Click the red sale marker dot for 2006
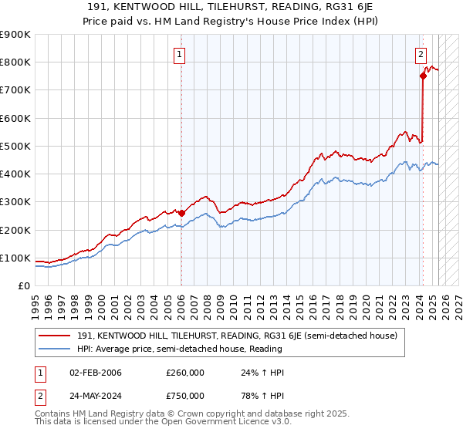coord(181,213)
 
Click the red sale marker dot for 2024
coord(423,76)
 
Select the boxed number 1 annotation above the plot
coord(179,54)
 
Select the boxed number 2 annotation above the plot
coord(421,54)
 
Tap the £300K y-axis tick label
coord(15,202)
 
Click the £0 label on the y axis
coord(24,285)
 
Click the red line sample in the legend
coord(56,336)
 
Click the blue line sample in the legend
coord(56,349)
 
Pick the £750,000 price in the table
coord(185,396)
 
